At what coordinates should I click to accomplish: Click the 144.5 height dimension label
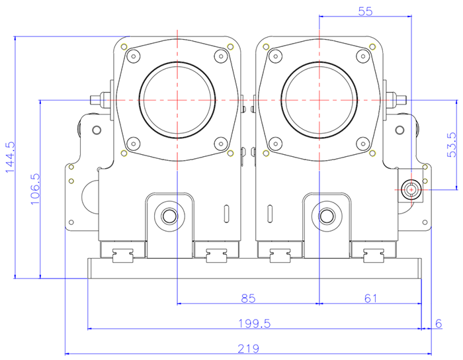coord(9,157)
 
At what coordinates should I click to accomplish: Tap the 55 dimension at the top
coord(365,11)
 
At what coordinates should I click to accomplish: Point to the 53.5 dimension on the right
coord(452,144)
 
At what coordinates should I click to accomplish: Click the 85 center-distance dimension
coord(248,298)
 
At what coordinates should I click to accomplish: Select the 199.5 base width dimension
coord(255,324)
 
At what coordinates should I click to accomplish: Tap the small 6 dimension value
coord(438,324)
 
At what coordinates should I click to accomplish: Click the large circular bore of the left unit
coord(177,99)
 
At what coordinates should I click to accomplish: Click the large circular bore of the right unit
coord(319,99)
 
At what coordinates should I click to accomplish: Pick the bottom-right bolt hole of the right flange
coord(362,142)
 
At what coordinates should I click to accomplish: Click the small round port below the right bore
coord(326,216)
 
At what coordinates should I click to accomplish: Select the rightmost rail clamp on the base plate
coord(375,253)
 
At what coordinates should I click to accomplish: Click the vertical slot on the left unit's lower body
coord(227,216)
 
